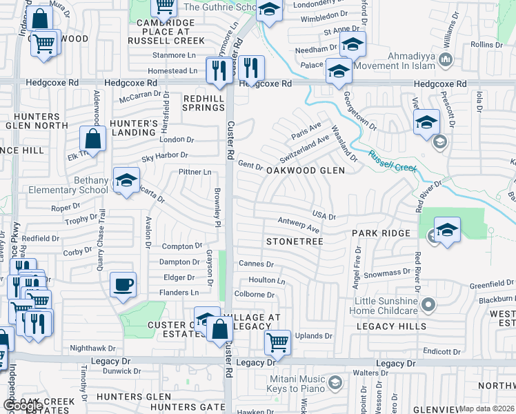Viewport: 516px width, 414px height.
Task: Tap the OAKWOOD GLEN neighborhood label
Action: click(x=306, y=170)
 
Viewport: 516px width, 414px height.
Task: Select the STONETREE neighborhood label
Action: click(x=295, y=242)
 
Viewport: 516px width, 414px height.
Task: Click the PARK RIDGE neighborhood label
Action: click(x=381, y=234)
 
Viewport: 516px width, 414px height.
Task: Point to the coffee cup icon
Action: click(x=123, y=284)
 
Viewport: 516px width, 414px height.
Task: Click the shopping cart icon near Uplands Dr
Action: click(x=277, y=341)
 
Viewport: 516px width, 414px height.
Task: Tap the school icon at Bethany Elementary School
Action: click(x=126, y=181)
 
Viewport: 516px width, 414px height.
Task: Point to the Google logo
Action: click(x=23, y=406)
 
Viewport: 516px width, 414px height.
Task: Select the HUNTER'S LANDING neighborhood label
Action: click(x=134, y=128)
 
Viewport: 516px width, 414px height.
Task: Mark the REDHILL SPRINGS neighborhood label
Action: click(x=204, y=103)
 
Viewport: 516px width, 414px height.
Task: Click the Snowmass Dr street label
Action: click(x=387, y=273)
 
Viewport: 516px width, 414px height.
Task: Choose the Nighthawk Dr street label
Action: click(x=92, y=348)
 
